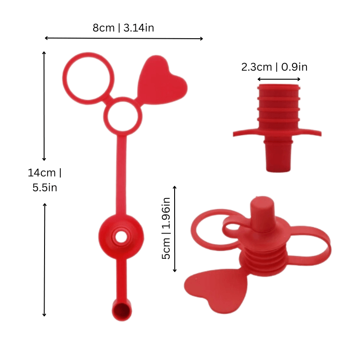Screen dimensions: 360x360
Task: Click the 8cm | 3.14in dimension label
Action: (x=123, y=28)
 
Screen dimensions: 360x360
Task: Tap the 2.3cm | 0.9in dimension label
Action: (x=274, y=67)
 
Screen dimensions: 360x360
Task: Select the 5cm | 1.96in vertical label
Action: (x=166, y=228)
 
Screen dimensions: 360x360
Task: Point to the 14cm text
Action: (x=41, y=173)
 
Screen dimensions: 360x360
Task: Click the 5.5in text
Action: (x=45, y=188)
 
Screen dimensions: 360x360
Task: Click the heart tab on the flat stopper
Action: (x=162, y=81)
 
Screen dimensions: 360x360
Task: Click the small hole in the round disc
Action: (x=121, y=237)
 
